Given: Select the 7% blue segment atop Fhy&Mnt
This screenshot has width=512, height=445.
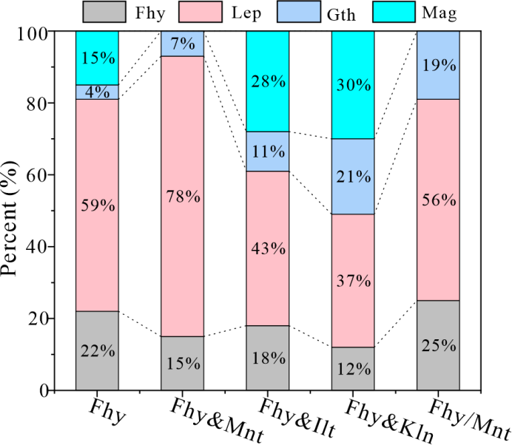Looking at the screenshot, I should pyautogui.click(x=182, y=44).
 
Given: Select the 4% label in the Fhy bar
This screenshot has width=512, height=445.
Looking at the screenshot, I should pyautogui.click(x=97, y=92).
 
